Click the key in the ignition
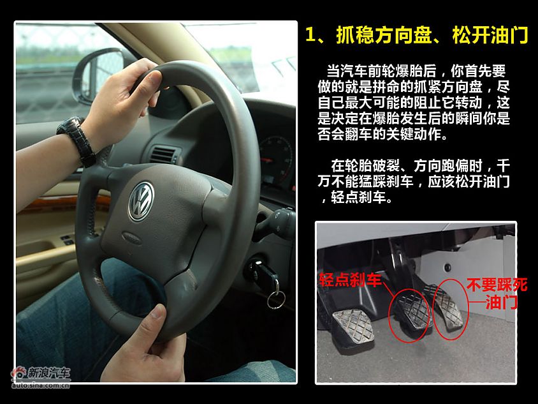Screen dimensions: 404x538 (x=262, y=272)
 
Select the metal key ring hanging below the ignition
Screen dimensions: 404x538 (x=275, y=299)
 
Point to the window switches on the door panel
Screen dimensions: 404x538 (x=66, y=239)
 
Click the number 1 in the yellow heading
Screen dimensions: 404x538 (x=310, y=35)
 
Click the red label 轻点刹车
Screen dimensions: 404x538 (x=350, y=280)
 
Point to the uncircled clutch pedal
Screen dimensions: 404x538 (x=353, y=325)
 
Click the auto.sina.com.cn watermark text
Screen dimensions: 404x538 (x=41, y=385)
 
